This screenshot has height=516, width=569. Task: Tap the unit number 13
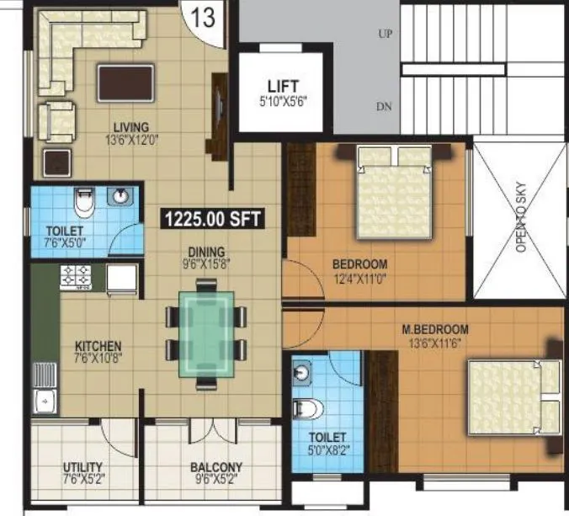pos(203,19)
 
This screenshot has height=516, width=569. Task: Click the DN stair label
pos(385,106)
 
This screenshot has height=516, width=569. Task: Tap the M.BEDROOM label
pos(435,328)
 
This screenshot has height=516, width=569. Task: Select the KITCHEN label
pos(98,346)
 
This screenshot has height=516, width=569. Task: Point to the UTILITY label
pos(82,467)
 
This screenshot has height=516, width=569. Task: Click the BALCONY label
pos(216,467)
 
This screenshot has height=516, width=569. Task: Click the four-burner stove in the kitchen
pos(77,274)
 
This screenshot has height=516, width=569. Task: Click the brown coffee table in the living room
pos(125,82)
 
